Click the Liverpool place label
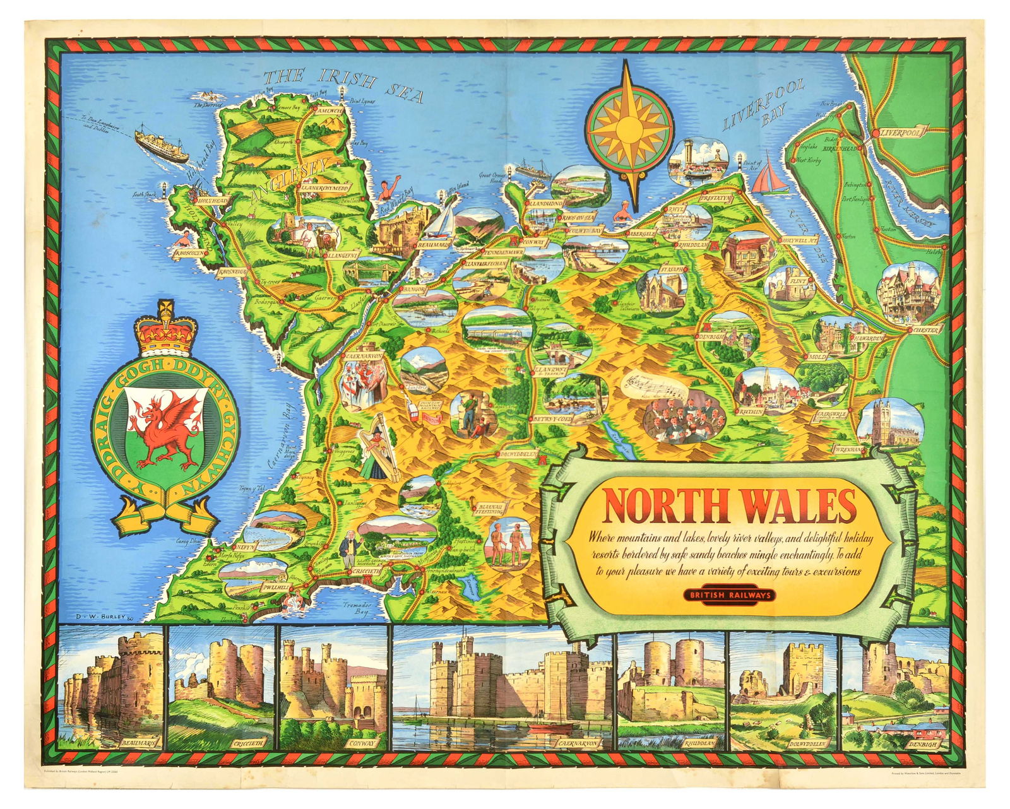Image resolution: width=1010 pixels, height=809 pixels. click(901, 133)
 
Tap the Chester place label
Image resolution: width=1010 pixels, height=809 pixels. click(925, 329)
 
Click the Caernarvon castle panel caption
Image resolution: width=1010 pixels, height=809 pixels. click(577, 743)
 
